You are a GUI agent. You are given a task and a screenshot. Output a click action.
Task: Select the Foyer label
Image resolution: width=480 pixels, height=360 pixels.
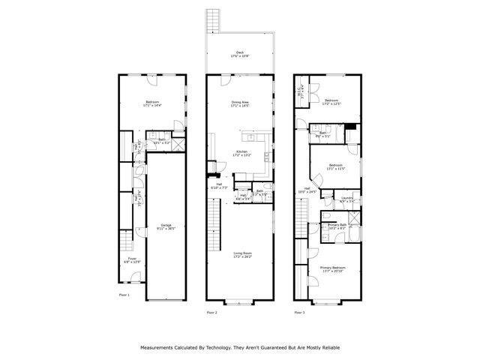point(132,259)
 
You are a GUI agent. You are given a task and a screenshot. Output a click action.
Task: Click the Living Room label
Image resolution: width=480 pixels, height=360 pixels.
point(241,255)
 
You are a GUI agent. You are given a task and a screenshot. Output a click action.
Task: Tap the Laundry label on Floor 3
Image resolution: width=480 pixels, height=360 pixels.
point(346,199)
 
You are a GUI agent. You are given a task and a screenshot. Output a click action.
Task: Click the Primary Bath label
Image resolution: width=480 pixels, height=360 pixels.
point(337,224)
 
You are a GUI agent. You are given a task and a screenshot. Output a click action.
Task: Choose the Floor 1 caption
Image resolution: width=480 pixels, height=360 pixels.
point(124,295)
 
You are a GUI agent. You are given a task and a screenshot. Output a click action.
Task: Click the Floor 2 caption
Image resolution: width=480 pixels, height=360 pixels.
point(212,312)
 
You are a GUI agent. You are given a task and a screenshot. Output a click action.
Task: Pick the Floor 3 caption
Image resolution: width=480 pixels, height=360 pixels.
point(299,312)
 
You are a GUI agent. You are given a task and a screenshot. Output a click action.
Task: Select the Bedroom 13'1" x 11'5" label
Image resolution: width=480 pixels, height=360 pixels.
point(335,165)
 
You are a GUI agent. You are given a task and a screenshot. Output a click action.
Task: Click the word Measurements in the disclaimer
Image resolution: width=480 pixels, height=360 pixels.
point(160,347)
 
